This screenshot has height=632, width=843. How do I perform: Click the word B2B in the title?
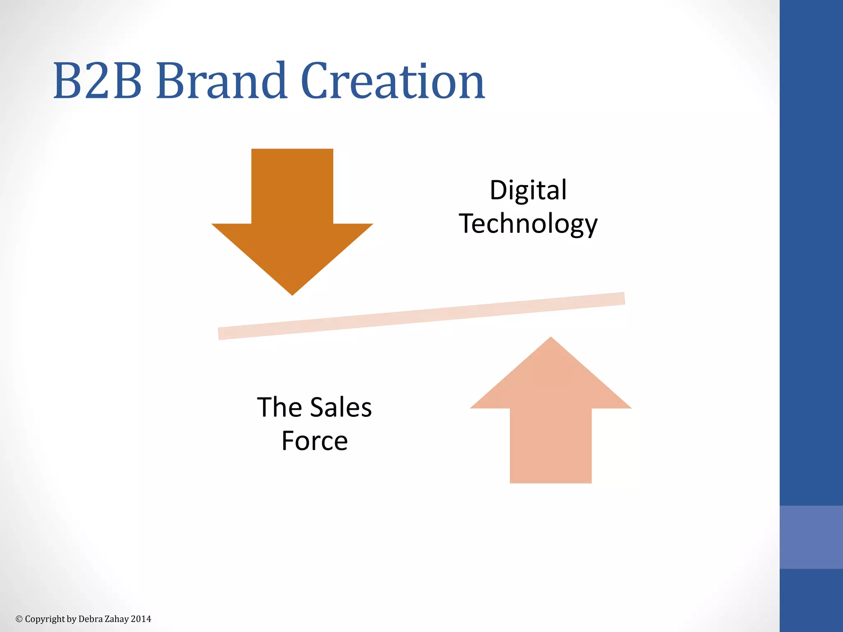[98, 81]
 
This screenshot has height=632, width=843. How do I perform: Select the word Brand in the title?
[221, 81]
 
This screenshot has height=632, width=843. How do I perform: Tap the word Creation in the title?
[393, 81]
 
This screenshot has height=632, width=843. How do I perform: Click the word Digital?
[528, 190]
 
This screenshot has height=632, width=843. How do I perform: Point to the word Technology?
[528, 224]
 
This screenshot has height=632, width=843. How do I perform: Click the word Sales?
[340, 407]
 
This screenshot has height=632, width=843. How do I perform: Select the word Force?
[314, 441]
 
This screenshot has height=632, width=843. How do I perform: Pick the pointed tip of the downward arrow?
[292, 293]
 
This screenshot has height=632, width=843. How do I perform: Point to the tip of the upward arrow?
[551, 339]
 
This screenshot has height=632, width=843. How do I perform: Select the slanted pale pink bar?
[421, 316]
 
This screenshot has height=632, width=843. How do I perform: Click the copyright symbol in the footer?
[19, 619]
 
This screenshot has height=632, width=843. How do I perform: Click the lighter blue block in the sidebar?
[811, 537]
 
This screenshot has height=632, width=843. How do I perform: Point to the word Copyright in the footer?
[45, 619]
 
